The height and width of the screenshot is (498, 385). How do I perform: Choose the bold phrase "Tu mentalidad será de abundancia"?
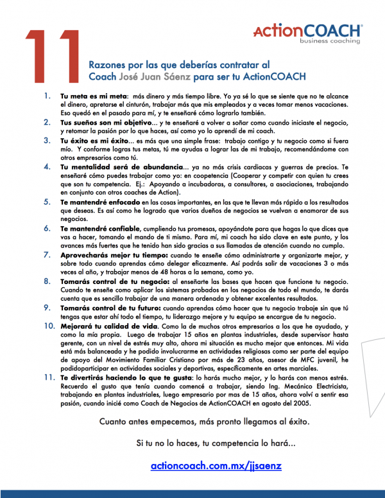pos(113,167)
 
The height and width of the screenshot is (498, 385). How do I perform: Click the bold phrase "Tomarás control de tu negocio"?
pos(112,281)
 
